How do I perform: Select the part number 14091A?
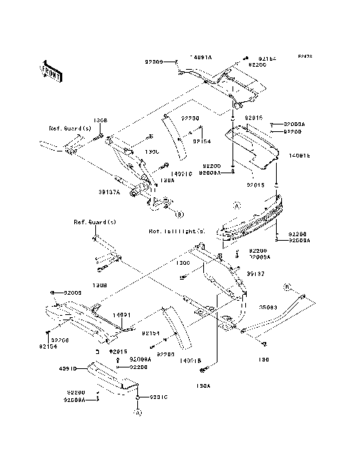click(x=200, y=58)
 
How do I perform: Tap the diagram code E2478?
click(x=304, y=56)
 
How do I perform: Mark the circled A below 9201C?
click(x=138, y=412)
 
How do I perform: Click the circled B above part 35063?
click(x=286, y=286)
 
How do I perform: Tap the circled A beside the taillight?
click(x=236, y=204)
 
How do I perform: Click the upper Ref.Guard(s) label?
click(x=70, y=128)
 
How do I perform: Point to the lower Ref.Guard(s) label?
click(x=94, y=223)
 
